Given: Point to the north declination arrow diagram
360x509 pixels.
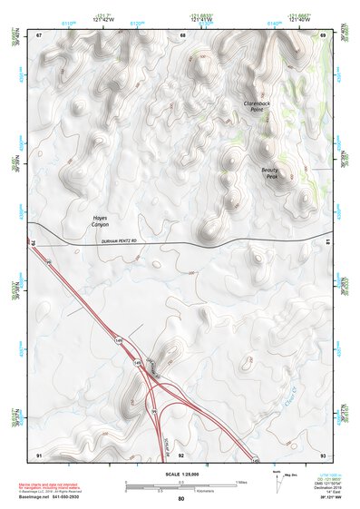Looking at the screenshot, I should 277,480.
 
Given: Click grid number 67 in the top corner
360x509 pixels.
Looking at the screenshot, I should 39,35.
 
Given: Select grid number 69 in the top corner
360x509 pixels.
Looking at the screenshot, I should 323,35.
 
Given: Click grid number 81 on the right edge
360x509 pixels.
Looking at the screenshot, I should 327,240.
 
